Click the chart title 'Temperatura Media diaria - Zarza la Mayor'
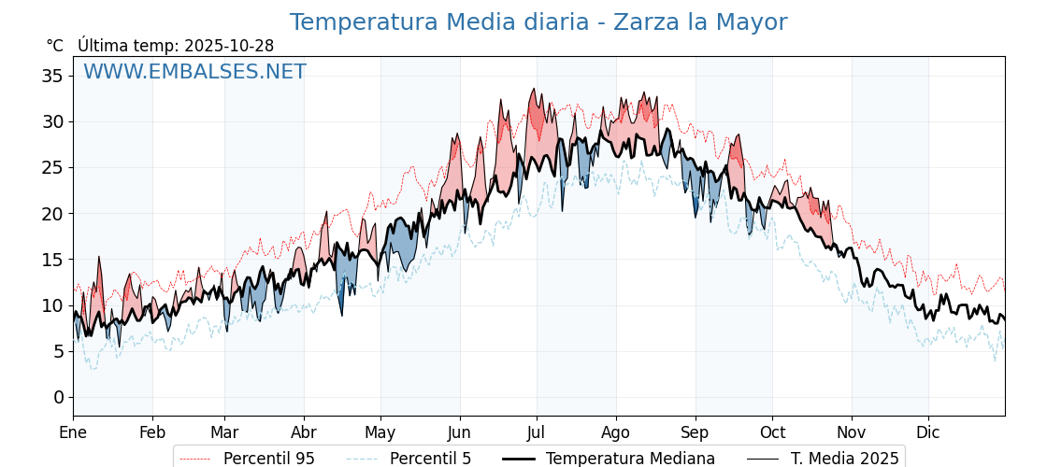point(538,22)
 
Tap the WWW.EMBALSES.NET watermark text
point(194,72)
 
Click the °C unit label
point(55,46)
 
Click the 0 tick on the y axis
point(59,397)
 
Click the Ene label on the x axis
point(73,432)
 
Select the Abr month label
point(304,432)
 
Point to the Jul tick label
point(537,432)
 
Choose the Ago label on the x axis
point(616,432)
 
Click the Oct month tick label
point(772,432)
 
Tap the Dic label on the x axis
point(928,432)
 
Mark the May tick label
point(380,432)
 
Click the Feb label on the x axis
point(152,432)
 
